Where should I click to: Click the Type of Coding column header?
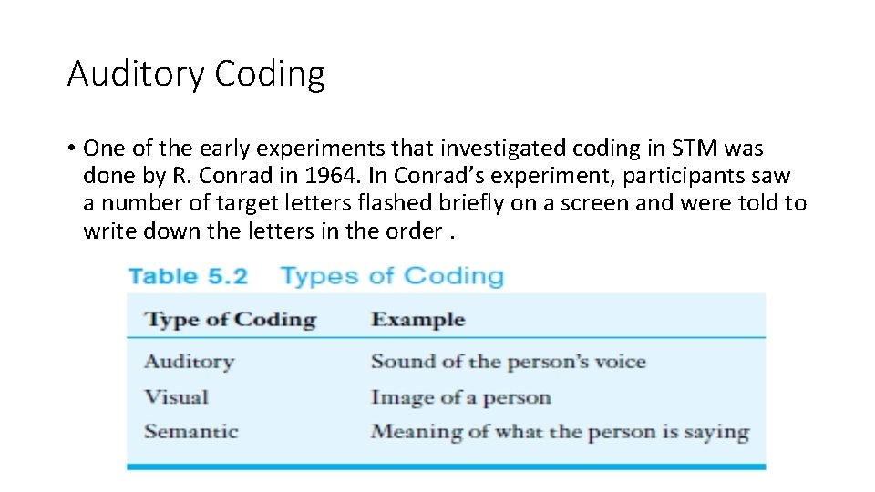click(x=230, y=320)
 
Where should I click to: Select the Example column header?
click(x=417, y=320)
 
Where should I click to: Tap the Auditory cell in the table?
click(x=189, y=362)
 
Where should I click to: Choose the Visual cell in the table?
click(x=176, y=397)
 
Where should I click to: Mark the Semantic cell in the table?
click(x=190, y=432)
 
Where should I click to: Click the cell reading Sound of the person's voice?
click(x=508, y=362)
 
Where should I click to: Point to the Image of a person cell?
click(x=460, y=397)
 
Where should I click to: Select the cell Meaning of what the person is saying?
click(x=560, y=432)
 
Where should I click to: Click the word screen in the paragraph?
click(x=592, y=203)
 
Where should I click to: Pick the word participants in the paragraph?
click(x=677, y=176)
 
